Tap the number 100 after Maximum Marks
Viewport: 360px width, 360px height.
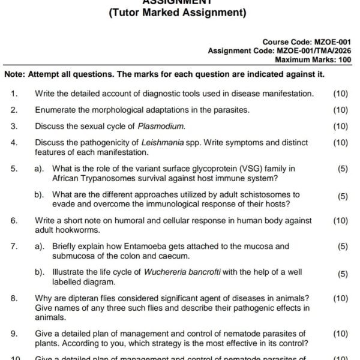[x=344, y=59]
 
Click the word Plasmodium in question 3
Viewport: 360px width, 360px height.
[x=161, y=126]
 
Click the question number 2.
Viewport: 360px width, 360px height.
[x=14, y=110]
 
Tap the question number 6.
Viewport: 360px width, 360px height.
[x=14, y=220]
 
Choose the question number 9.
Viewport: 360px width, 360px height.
[x=14, y=333]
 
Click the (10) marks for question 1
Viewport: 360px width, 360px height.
[x=340, y=94]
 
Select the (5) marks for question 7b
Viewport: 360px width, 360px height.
[x=343, y=274]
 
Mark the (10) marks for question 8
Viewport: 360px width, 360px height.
[x=340, y=298]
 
